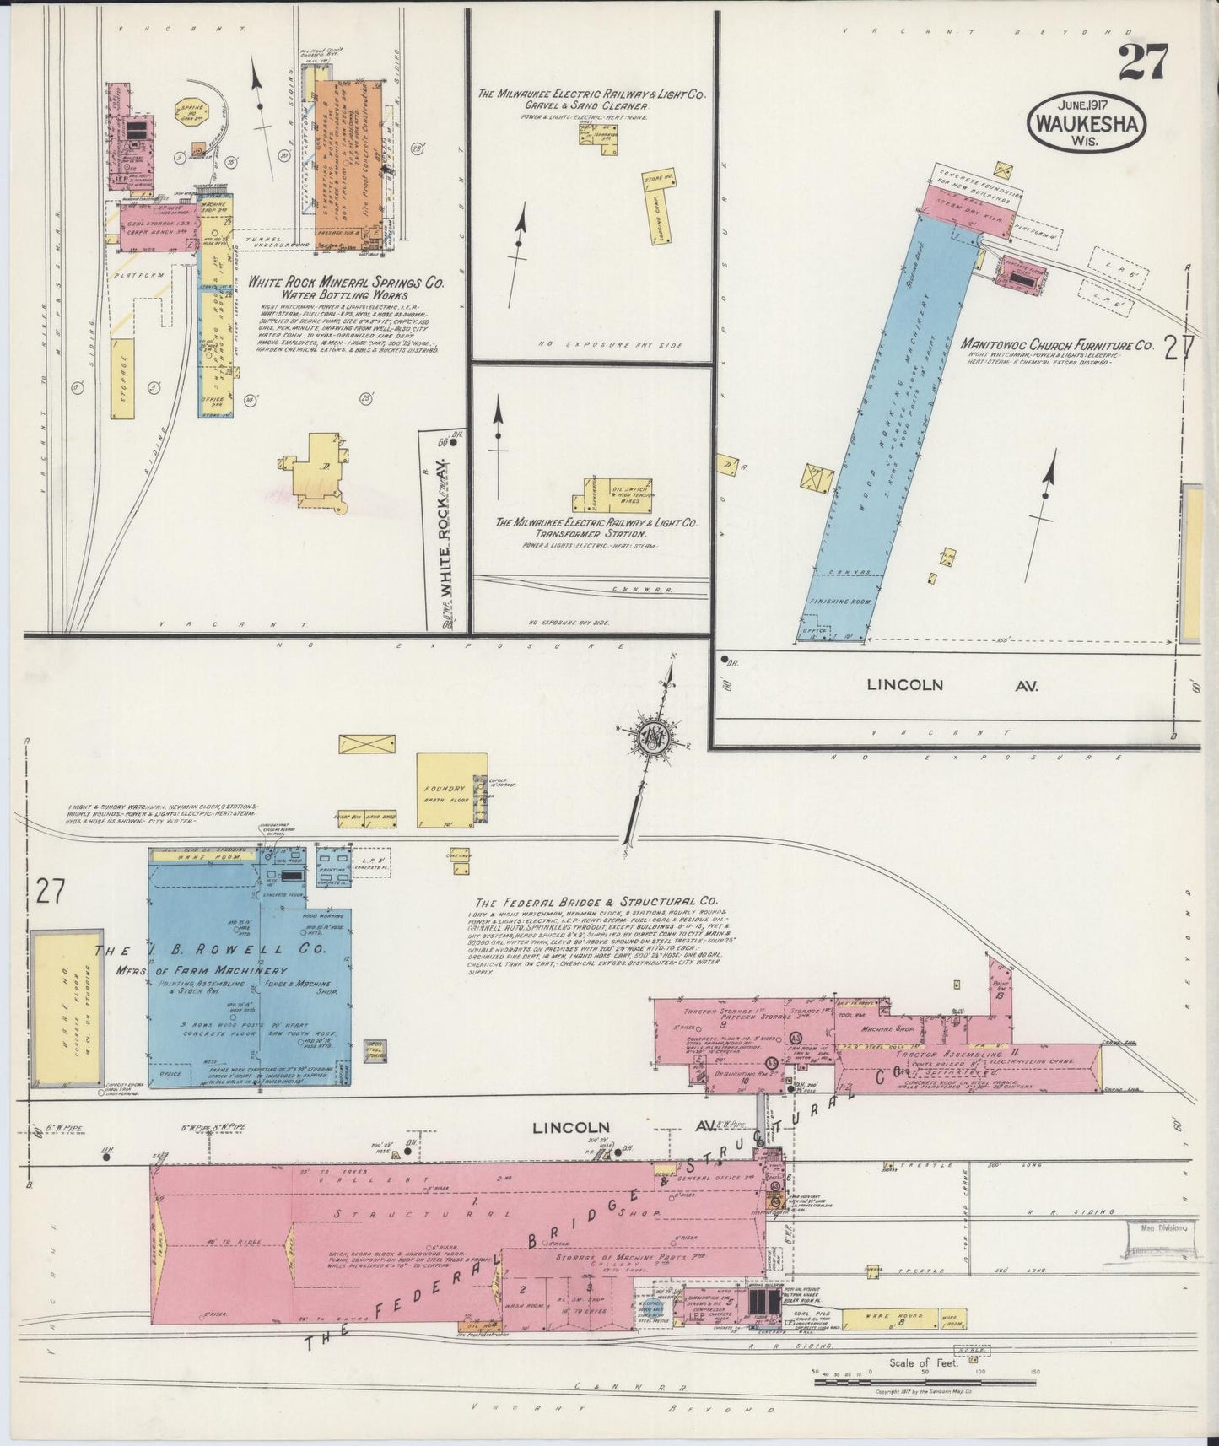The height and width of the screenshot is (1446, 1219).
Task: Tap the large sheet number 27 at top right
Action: pyautogui.click(x=1143, y=62)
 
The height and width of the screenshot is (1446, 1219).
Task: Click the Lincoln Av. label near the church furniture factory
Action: pyautogui.click(x=951, y=685)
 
